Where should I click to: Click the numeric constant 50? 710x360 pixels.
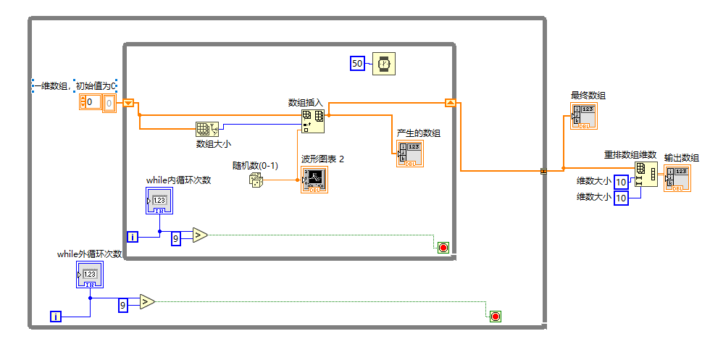click(357, 64)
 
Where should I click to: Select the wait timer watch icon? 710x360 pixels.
click(384, 64)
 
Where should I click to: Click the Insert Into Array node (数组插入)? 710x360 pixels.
click(313, 121)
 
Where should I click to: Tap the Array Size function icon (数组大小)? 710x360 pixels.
click(206, 129)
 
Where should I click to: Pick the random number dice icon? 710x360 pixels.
click(256, 180)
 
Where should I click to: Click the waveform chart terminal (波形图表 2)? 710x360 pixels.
click(314, 179)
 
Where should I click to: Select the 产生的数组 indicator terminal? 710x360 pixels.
click(409, 154)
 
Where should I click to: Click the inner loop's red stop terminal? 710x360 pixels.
click(443, 248)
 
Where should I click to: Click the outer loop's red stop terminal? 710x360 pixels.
click(496, 316)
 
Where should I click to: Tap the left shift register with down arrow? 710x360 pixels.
click(129, 103)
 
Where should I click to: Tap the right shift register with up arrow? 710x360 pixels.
click(450, 103)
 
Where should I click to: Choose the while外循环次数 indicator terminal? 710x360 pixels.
click(90, 275)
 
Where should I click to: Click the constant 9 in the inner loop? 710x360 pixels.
click(176, 237)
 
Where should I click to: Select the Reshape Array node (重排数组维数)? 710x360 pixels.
click(646, 174)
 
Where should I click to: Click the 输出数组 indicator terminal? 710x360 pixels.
click(677, 177)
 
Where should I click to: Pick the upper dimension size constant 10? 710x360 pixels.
click(621, 181)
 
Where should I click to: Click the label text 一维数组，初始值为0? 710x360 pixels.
click(75, 85)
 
